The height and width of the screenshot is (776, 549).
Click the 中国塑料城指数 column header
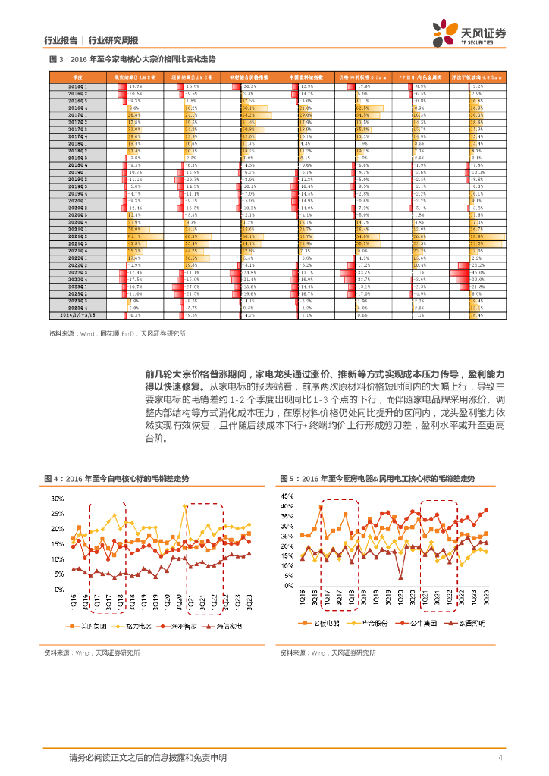(x=306, y=77)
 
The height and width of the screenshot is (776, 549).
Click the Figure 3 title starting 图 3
(x=132, y=58)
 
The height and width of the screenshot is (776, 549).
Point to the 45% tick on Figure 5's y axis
(x=288, y=496)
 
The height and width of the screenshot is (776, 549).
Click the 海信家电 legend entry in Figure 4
(x=224, y=627)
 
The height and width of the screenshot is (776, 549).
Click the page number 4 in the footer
(x=500, y=758)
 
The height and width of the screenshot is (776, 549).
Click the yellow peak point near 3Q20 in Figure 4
(x=184, y=507)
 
